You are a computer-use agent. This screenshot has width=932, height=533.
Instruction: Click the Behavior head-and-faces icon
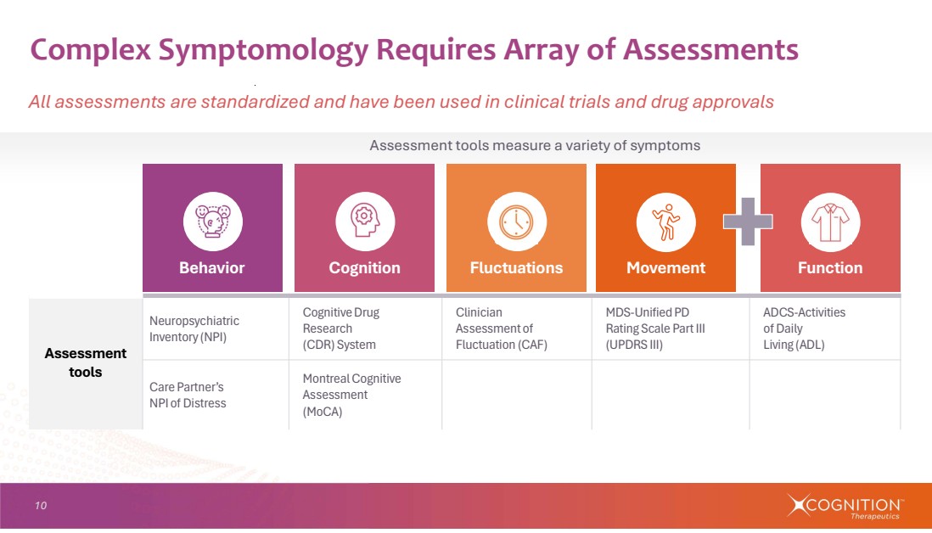pos(213,221)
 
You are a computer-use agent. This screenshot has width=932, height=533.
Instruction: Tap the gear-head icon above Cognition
pos(365,221)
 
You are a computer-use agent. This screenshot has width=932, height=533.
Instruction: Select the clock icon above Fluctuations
pos(517,221)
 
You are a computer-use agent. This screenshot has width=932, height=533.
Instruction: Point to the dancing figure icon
pos(665,222)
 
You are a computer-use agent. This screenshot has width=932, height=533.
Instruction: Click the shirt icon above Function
pos(830,222)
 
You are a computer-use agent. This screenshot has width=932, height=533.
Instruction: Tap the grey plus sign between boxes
pos(748,222)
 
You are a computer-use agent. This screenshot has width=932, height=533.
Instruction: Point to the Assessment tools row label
pos(86,362)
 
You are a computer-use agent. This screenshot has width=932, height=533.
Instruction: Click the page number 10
pos(41,506)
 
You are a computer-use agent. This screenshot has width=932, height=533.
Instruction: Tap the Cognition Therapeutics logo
pos(844,506)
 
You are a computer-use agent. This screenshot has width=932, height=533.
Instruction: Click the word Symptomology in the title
pos(263,50)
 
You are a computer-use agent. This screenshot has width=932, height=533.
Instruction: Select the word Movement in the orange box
pos(665,268)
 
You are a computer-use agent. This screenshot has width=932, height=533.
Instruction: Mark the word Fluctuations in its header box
pos(517,268)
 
